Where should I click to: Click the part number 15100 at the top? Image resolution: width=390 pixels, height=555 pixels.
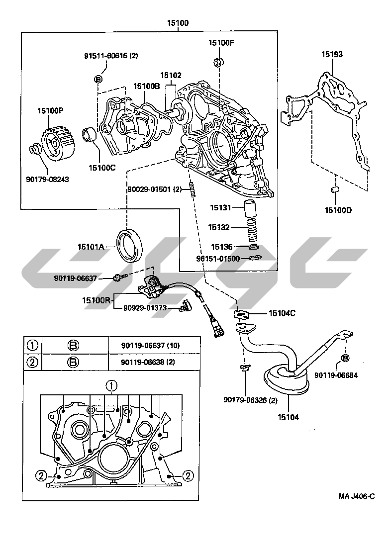178,23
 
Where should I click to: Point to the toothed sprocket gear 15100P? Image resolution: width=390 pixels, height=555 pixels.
58,141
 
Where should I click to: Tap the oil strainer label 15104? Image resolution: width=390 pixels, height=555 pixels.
289,417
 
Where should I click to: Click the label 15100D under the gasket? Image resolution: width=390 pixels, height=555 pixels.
338,210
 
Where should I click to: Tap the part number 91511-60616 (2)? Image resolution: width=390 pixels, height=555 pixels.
110,56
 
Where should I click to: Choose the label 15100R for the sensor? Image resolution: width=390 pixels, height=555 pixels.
96,300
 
